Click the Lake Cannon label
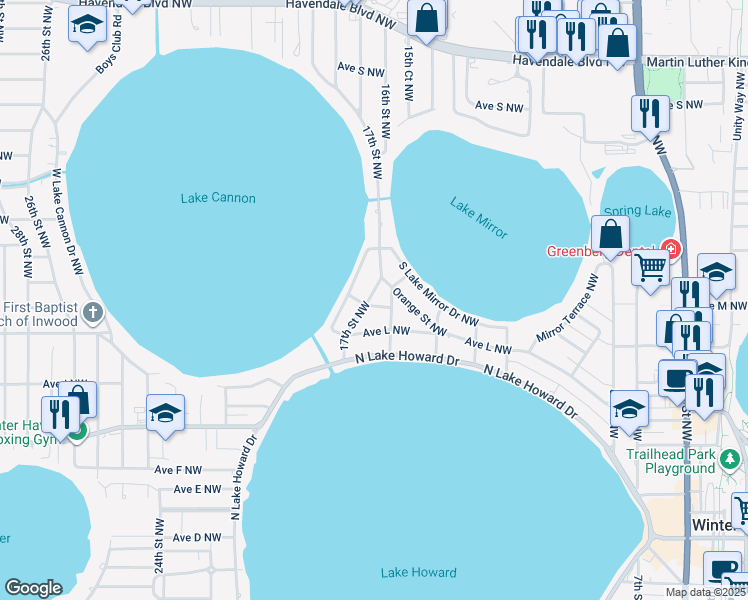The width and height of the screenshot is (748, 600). (x=218, y=198)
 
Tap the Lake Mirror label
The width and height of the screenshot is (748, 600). (x=478, y=219)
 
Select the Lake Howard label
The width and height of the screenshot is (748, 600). (x=418, y=573)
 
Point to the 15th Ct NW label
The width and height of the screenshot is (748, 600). (x=409, y=72)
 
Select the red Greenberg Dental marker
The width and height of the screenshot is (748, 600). (x=671, y=250)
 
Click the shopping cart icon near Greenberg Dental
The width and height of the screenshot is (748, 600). (x=651, y=267)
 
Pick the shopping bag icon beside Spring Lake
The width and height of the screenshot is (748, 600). (x=610, y=235)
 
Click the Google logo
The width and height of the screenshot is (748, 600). (x=34, y=587)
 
